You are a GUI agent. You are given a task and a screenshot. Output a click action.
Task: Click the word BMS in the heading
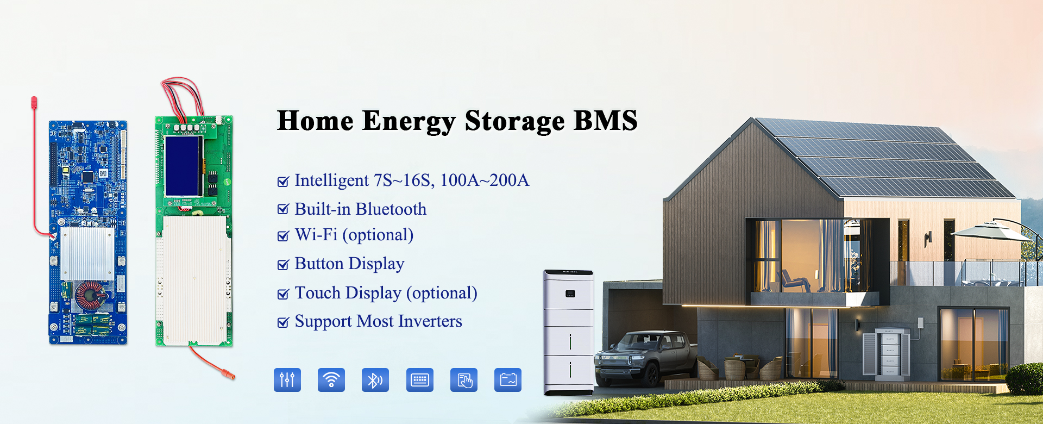[605, 121]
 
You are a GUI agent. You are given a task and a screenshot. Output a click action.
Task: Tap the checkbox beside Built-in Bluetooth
[283, 209]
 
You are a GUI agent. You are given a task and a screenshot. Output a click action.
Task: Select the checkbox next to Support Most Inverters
[283, 322]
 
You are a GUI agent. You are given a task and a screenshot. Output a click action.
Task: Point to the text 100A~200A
[484, 180]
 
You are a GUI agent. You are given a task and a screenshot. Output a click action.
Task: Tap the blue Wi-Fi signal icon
[331, 379]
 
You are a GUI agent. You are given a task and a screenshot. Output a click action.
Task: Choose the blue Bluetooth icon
[375, 379]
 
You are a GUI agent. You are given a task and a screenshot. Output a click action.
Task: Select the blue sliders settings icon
[287, 379]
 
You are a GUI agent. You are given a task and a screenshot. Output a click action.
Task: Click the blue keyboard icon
[420, 379]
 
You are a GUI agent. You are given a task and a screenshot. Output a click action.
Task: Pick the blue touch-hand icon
[464, 379]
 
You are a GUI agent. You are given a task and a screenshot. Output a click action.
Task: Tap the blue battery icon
[508, 379]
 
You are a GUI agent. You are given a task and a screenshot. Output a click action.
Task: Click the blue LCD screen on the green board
[183, 165]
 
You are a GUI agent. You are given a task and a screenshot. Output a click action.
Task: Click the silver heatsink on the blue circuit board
[87, 253]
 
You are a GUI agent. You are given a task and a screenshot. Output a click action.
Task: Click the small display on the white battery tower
[570, 294]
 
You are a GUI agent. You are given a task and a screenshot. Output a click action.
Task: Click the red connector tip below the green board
[230, 375]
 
